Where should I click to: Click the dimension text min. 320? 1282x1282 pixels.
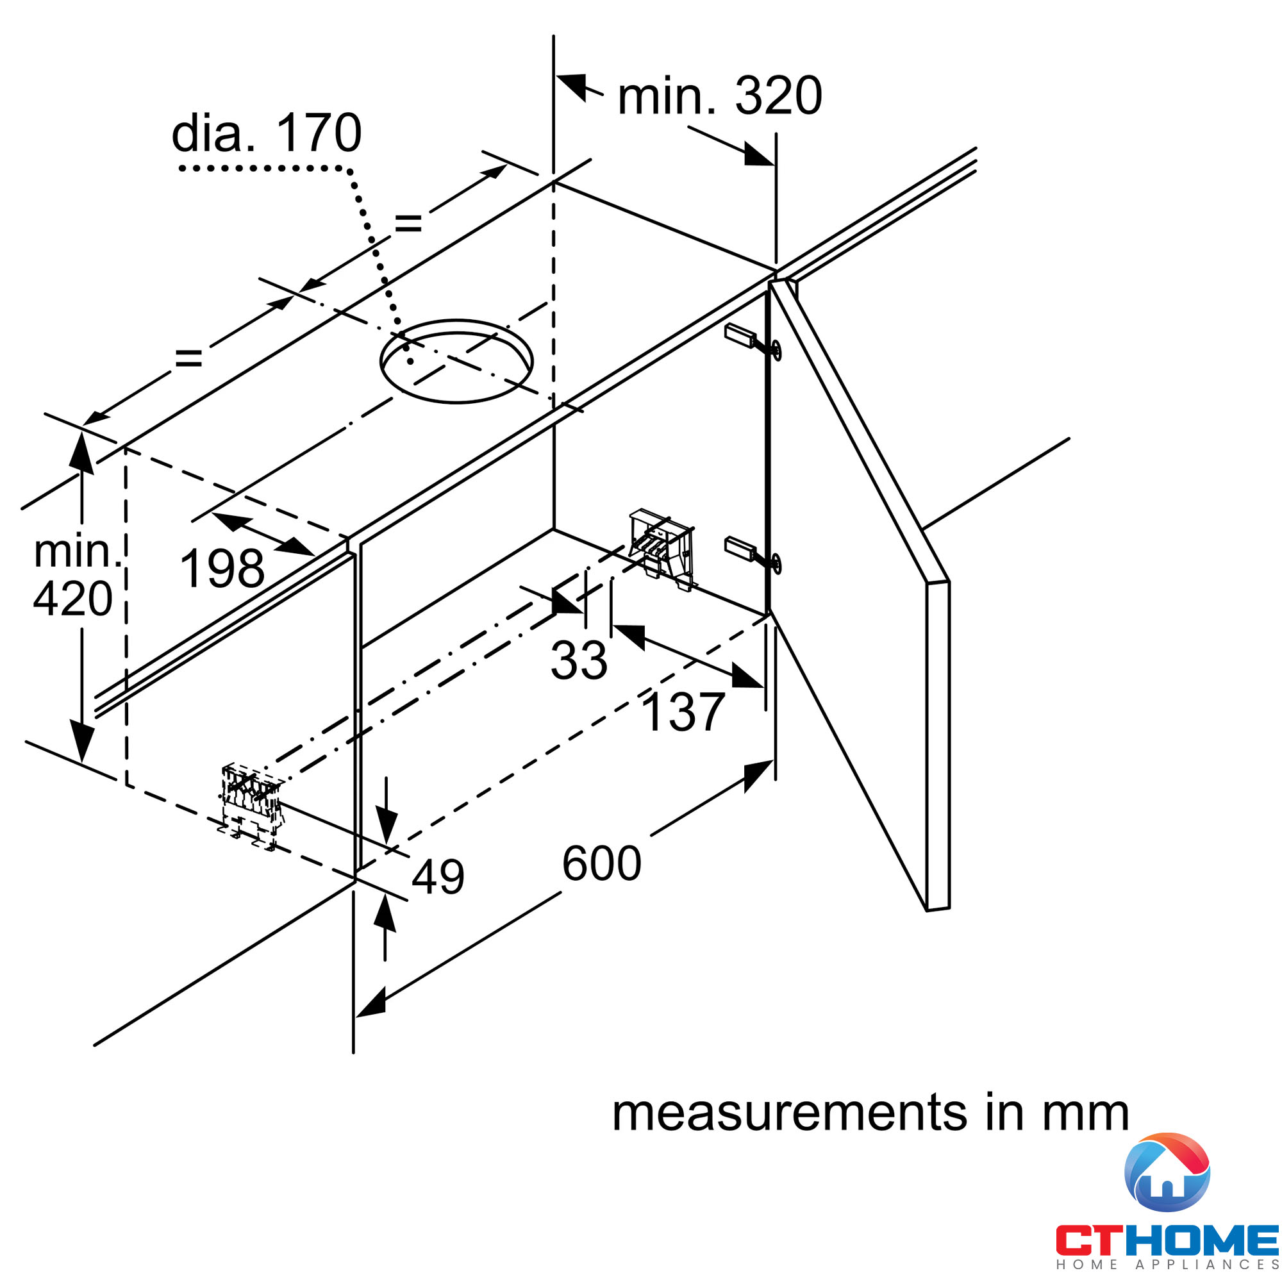(x=720, y=96)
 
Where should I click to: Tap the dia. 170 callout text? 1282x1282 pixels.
(x=267, y=133)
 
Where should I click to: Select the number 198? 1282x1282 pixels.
(x=222, y=569)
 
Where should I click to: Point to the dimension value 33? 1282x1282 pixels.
(x=579, y=660)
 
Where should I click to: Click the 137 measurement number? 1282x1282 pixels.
(x=683, y=713)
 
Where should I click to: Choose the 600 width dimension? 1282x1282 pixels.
(x=602, y=863)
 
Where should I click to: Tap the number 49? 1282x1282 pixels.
(x=438, y=876)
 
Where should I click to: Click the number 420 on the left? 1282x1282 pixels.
(x=73, y=599)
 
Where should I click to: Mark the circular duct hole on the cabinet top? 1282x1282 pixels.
(x=456, y=361)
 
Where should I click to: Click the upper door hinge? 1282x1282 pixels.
(x=753, y=340)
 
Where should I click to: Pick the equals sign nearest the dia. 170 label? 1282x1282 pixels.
(x=408, y=223)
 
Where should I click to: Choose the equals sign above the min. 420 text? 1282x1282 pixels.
(x=188, y=359)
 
